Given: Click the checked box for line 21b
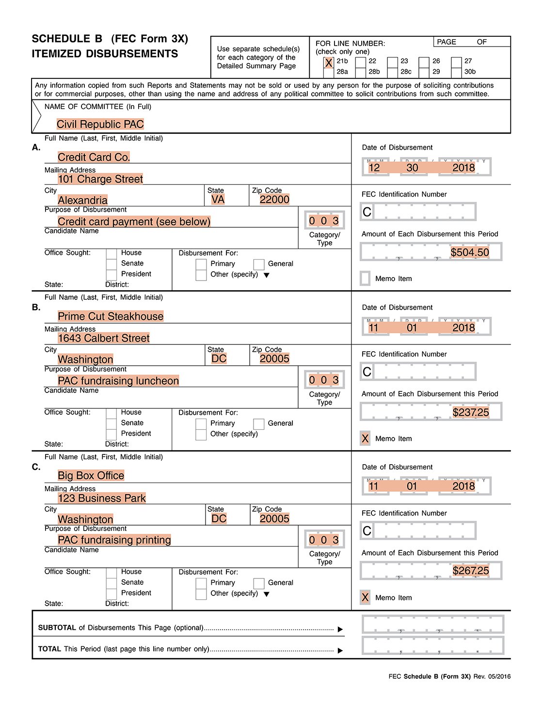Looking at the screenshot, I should (329, 62).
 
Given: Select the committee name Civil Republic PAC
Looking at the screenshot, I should (100, 125).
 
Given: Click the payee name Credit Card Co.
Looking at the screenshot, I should (94, 157).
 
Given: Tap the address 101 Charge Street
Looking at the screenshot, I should (100, 179).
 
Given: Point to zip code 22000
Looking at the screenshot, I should (274, 200).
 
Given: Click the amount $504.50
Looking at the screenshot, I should (470, 252).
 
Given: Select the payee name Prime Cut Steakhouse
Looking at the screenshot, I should (111, 317).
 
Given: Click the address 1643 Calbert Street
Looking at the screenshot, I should (104, 338).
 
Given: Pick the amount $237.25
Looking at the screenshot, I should (471, 412).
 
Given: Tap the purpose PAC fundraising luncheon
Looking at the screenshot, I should (118, 381).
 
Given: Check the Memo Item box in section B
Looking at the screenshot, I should (365, 438).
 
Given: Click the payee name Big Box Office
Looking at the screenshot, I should (91, 476).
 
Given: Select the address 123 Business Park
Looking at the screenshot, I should (102, 498).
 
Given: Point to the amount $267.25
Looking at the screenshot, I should (471, 571).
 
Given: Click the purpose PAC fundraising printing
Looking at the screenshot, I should (114, 540).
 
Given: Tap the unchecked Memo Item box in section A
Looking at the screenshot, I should (365, 279).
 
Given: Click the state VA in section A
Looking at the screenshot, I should (218, 200).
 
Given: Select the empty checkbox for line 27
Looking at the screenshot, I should (456, 62).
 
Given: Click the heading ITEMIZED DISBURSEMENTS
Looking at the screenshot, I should (105, 54).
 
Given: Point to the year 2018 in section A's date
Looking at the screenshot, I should (463, 168).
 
